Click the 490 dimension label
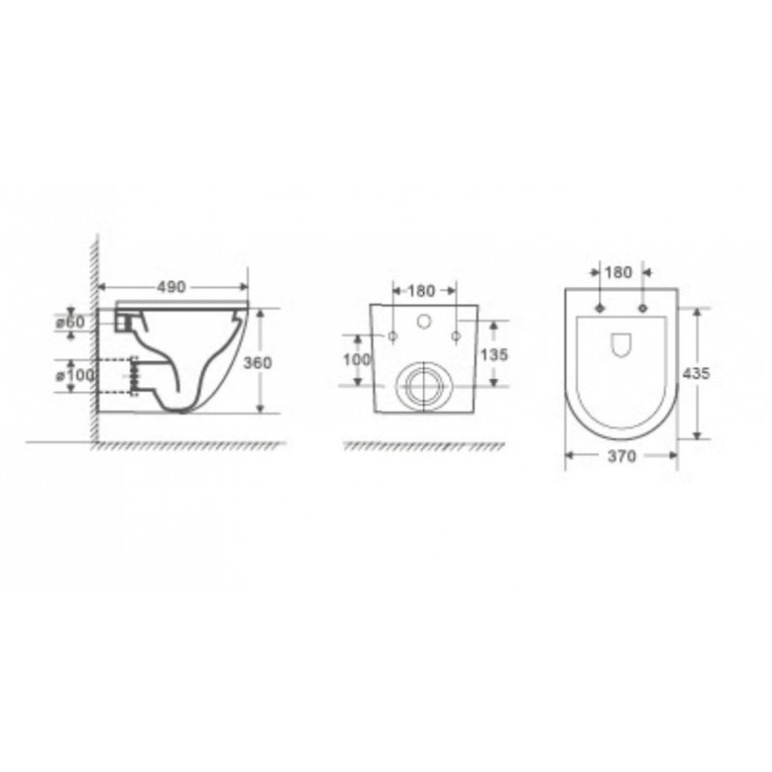tap(171, 287)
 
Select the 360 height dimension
tap(258, 363)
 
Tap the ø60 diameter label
tap(70, 322)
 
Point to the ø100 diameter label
tap(75, 375)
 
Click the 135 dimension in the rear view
tap(494, 354)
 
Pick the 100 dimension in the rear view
tap(357, 359)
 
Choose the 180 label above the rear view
tap(422, 291)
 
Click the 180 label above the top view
tap(618, 272)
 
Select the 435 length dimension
tap(696, 373)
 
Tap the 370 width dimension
tap(621, 456)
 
